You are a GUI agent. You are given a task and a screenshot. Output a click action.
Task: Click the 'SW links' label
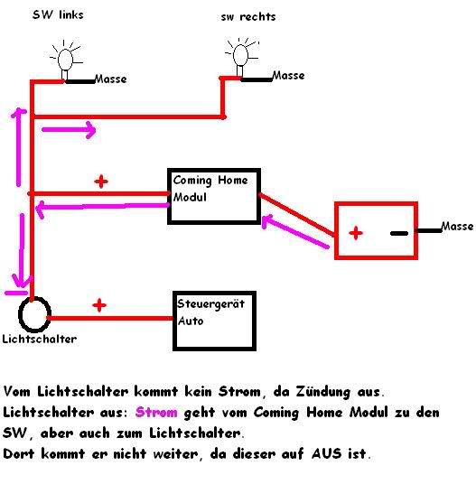(58, 14)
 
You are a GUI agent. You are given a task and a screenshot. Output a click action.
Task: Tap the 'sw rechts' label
(248, 16)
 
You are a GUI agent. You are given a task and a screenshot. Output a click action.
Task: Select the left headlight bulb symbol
(66, 60)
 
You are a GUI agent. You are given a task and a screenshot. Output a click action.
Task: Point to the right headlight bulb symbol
(241, 57)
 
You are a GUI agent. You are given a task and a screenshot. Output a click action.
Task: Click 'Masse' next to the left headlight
(111, 79)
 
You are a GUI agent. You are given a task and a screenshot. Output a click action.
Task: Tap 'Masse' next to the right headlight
(288, 75)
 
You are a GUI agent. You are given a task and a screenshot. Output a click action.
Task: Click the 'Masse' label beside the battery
(457, 226)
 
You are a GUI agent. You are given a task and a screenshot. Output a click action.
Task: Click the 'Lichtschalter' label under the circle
(40, 339)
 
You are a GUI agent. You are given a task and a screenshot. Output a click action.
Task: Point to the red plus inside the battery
(356, 233)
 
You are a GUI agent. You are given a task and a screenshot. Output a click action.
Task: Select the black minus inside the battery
(399, 233)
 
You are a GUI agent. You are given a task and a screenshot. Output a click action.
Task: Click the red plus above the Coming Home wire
(101, 182)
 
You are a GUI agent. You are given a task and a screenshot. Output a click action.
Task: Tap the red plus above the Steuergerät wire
(99, 305)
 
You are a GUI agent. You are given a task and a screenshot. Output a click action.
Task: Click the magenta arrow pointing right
(69, 130)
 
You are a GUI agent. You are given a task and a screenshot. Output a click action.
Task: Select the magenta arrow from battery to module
(295, 231)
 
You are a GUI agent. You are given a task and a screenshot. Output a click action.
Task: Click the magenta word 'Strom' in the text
(156, 412)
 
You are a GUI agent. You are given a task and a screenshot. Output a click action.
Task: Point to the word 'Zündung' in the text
(322, 392)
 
